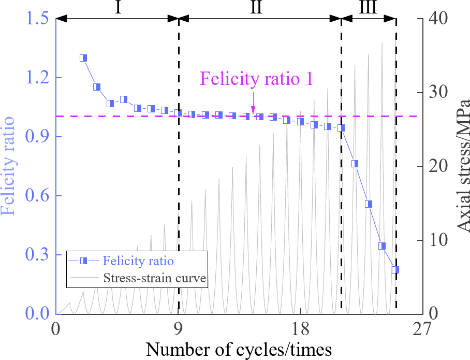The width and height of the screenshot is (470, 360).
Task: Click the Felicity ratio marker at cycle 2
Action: pos(83,58)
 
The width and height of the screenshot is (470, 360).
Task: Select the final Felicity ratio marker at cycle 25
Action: pos(395,270)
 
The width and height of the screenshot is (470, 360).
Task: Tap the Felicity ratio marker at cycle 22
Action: pos(355,164)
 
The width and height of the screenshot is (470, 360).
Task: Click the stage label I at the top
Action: pos(117,8)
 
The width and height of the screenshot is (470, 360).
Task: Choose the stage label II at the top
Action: pos(260,8)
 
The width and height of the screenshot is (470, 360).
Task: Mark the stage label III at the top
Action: pos(369,8)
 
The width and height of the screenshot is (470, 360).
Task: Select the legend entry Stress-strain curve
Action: pos(155,279)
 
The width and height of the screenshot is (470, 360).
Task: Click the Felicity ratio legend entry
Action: pos(138,260)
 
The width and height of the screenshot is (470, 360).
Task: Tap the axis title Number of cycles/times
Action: pos(239,350)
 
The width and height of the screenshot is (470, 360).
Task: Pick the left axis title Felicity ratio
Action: pos(10,166)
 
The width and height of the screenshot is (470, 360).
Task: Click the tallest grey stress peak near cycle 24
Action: pos(382,44)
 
